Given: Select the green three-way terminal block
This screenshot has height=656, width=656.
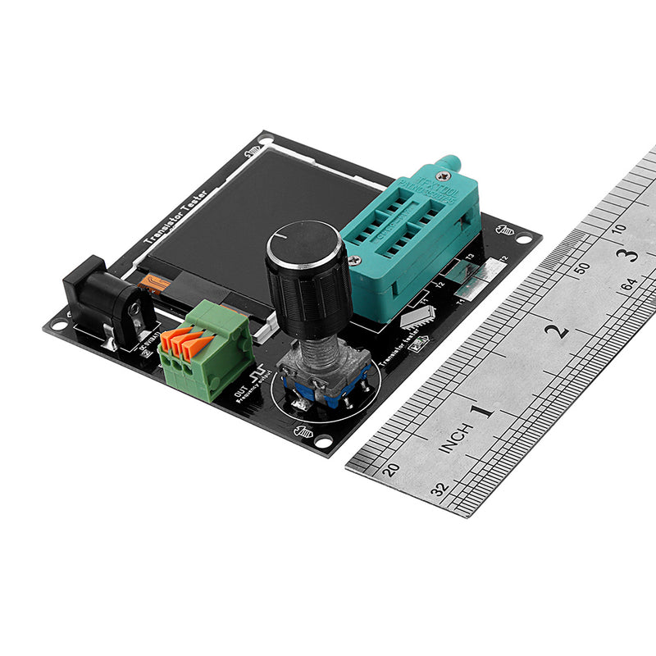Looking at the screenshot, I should pyautogui.click(x=205, y=348).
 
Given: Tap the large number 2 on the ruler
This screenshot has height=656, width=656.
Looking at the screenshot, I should pyautogui.click(x=559, y=331).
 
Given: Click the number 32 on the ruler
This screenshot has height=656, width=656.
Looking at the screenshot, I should pyautogui.click(x=440, y=490).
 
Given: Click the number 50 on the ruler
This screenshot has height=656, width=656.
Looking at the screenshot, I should pyautogui.click(x=581, y=267).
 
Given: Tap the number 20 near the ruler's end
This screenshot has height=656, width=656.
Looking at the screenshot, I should pyautogui.click(x=393, y=469).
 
